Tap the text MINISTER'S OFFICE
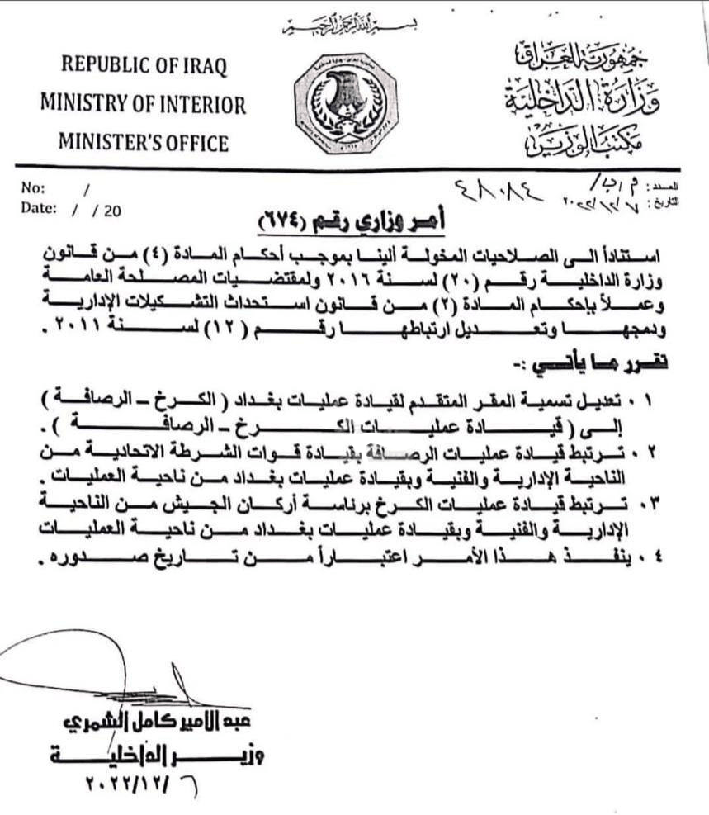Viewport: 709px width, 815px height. (143, 143)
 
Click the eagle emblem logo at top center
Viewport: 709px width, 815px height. (347, 104)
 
